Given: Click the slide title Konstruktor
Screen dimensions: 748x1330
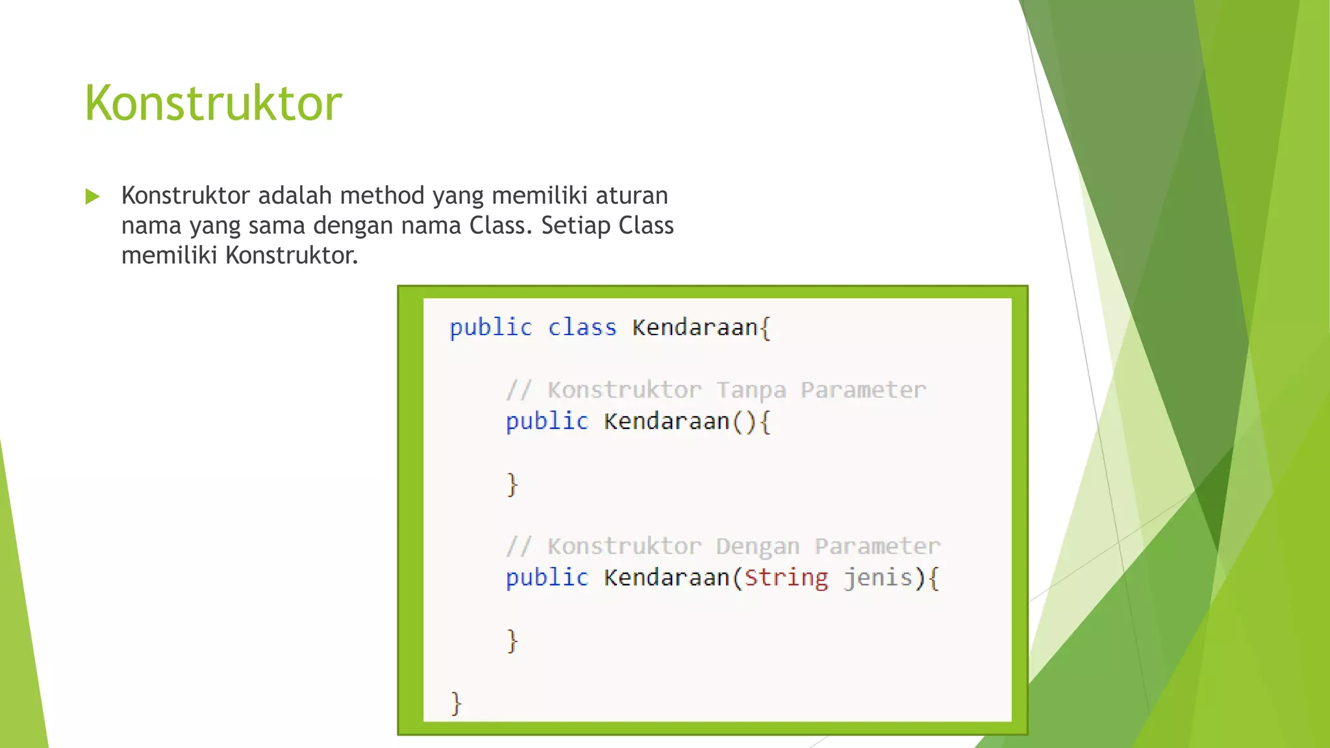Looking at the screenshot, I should click(x=213, y=103).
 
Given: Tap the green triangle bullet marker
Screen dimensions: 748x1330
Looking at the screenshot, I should click(x=93, y=196).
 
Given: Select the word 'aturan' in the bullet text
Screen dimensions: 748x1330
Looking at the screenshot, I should click(x=632, y=195).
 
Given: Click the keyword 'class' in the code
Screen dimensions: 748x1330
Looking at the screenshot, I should click(x=582, y=327).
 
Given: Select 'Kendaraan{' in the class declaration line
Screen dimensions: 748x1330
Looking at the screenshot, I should click(x=701, y=327).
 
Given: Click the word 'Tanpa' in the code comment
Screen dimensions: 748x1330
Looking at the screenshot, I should click(x=751, y=390).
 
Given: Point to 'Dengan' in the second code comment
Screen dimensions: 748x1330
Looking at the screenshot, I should click(x=758, y=546).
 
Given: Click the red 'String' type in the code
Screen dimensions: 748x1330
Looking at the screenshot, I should click(x=786, y=577).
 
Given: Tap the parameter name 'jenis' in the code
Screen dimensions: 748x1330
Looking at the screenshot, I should click(x=879, y=577).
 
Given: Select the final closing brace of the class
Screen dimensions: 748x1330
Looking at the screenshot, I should click(x=456, y=703).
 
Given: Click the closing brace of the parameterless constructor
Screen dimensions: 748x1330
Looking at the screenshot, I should click(x=512, y=484).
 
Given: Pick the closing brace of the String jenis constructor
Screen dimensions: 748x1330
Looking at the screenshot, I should click(x=512, y=641).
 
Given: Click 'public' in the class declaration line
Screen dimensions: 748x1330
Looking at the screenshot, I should click(x=491, y=327).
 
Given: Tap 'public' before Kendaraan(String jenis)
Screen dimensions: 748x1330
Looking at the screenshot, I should click(x=547, y=577).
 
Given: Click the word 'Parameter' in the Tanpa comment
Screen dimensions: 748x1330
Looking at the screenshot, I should click(x=863, y=390).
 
